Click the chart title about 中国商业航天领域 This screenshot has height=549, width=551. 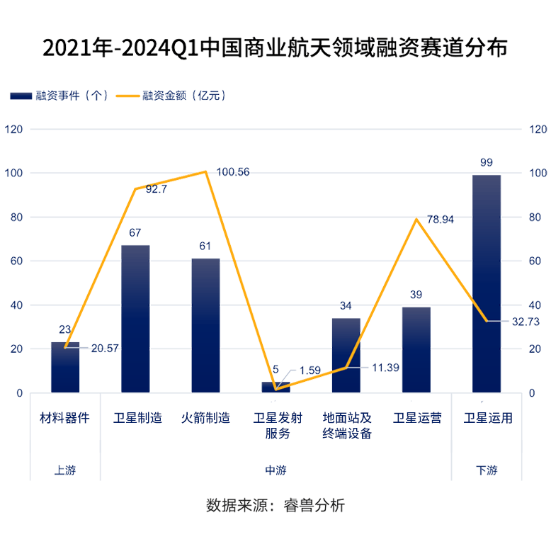coord(275,48)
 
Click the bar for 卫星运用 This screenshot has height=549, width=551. coord(487,283)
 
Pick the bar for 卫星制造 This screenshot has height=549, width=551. coord(135,319)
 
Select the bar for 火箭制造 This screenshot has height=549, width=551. coord(205,326)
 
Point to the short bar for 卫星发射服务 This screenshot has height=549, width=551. coord(275,387)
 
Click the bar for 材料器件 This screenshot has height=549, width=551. coord(65,367)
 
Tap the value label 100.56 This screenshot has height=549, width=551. coord(233,172)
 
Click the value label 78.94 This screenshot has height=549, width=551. coord(440,220)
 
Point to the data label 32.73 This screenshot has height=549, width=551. coord(527,322)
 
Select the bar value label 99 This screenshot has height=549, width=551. coord(487,163)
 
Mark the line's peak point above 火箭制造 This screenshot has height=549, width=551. coord(205,171)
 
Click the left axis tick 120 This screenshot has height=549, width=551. coord(13,130)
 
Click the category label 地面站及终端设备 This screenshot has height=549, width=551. coord(346,426)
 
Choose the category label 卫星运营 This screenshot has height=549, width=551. coord(416,418)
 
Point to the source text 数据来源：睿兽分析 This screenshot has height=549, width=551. coord(275,506)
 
